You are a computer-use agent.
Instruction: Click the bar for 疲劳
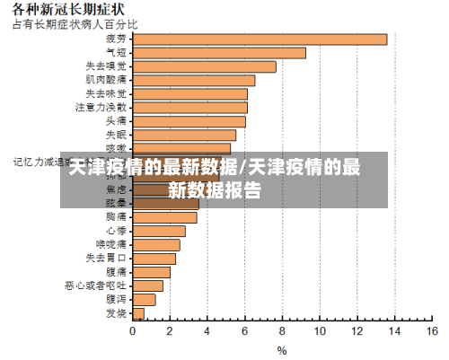[x=260, y=39]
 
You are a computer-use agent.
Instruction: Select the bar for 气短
[x=219, y=52]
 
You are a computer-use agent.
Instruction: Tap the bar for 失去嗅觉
[x=204, y=66]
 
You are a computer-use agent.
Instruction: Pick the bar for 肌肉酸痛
[x=193, y=80]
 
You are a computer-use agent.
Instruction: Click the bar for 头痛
[x=189, y=121]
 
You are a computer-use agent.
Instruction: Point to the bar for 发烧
[x=138, y=313]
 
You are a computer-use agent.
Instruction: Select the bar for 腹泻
[x=144, y=299]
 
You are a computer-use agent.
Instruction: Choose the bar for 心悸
[x=159, y=231]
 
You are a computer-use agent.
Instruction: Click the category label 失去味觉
[x=106, y=93]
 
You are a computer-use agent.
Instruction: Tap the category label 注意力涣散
[x=101, y=107]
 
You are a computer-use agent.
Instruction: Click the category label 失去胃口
[x=106, y=258]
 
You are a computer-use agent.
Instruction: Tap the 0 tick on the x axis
[x=133, y=331]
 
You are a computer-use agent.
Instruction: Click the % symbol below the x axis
[x=281, y=350]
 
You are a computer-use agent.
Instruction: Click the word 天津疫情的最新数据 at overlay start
[x=154, y=168]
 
